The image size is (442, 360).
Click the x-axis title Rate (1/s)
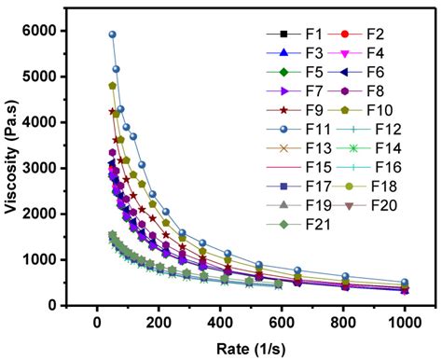(x=253, y=347)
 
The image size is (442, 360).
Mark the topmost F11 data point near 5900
(x=112, y=35)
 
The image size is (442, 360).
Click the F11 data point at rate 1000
(x=404, y=282)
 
